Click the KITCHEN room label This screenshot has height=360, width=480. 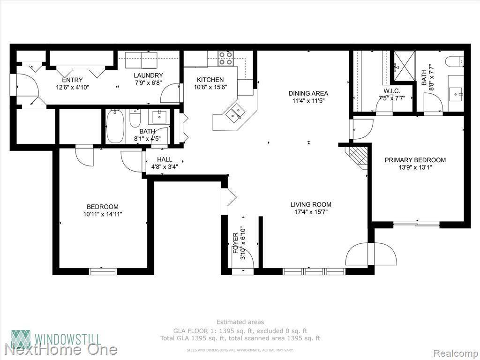point(210,80)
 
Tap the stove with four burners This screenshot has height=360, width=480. point(226,58)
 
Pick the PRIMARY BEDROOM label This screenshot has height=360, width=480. point(415,160)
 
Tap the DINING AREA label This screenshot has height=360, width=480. point(308,93)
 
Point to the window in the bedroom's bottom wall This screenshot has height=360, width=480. point(103,271)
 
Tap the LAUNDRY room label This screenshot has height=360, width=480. point(148,75)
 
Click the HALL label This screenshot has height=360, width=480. point(165,159)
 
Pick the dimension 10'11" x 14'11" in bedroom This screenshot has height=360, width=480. point(103,214)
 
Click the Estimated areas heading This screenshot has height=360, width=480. point(240,322)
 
